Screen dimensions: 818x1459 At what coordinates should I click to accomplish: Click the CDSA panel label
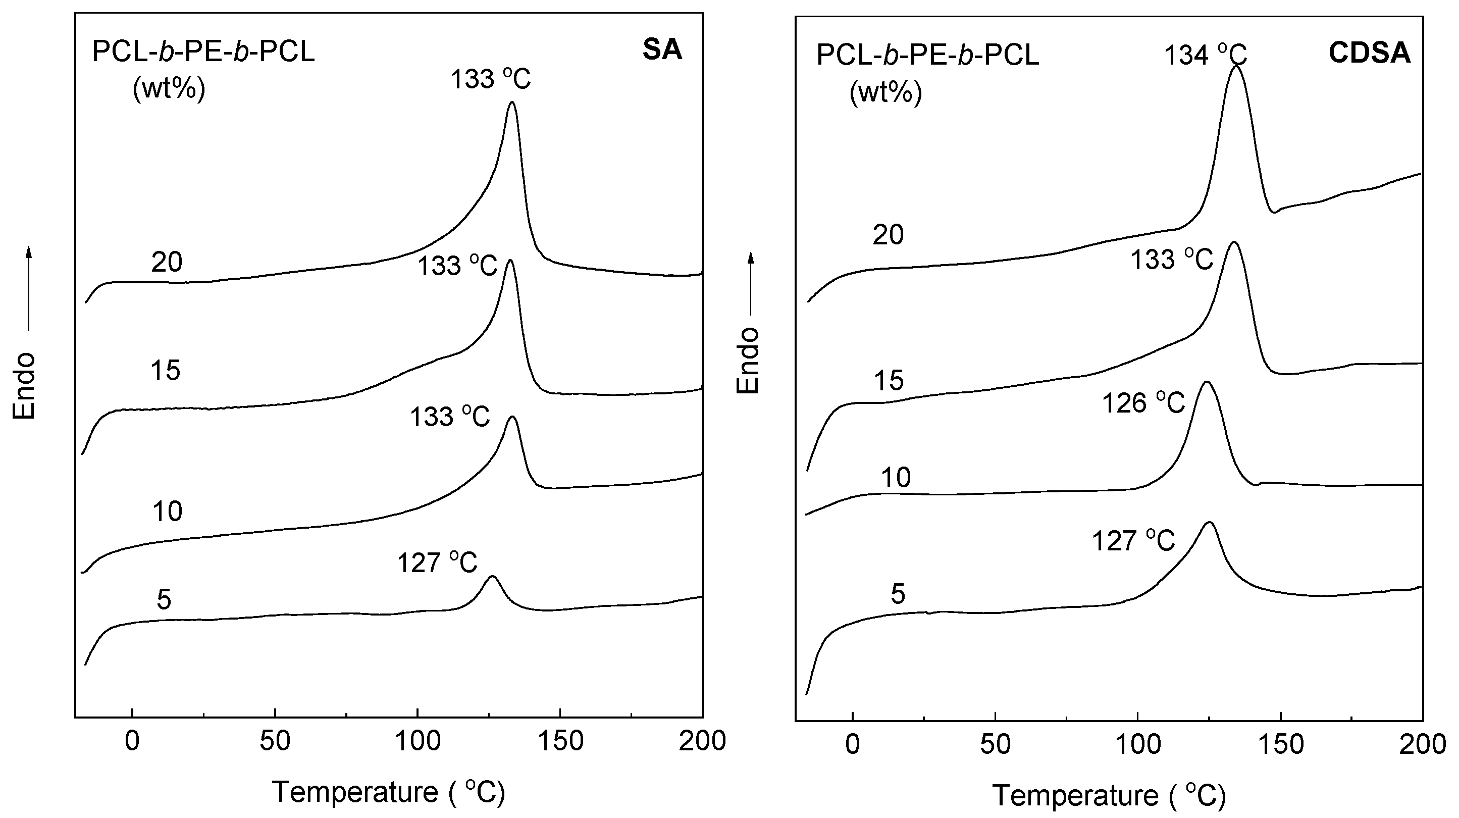coord(1369,53)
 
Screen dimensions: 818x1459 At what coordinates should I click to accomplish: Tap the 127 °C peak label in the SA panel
coord(437,563)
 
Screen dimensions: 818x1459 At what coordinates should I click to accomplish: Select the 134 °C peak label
coord(1205,56)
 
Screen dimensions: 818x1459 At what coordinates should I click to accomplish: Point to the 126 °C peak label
coord(1143,403)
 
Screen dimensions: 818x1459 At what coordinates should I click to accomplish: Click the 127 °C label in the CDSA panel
coord(1133,541)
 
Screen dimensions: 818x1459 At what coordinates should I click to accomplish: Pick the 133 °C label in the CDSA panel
coord(1171,260)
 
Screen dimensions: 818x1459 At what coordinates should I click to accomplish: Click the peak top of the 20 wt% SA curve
coord(512,103)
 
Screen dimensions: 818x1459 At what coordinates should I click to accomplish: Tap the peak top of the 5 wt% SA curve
coord(492,577)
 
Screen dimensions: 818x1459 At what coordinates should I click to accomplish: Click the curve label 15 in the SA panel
coord(166,371)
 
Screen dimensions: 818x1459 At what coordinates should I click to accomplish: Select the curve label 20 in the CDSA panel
coord(888,234)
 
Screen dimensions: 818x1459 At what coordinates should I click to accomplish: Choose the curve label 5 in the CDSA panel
coord(898,594)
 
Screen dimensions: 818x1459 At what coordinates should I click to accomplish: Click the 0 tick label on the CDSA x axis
coord(852,744)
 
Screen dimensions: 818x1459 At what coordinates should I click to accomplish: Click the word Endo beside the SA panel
coord(24,386)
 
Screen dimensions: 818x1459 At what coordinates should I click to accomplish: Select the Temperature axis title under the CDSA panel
coord(1109,796)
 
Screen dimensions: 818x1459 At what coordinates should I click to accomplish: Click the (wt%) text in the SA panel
coord(169,89)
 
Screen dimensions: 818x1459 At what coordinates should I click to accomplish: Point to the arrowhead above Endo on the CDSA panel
coord(751,259)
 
